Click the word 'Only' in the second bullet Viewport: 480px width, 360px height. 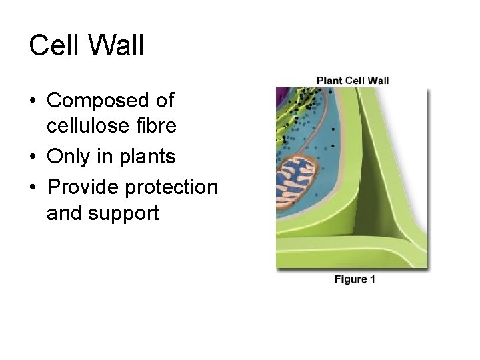click(x=69, y=157)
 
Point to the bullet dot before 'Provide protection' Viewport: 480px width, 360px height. click(x=33, y=188)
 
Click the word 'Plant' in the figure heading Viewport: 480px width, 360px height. click(x=330, y=81)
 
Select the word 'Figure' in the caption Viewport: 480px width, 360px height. click(x=350, y=279)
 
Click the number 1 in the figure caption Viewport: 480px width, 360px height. click(x=372, y=279)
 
